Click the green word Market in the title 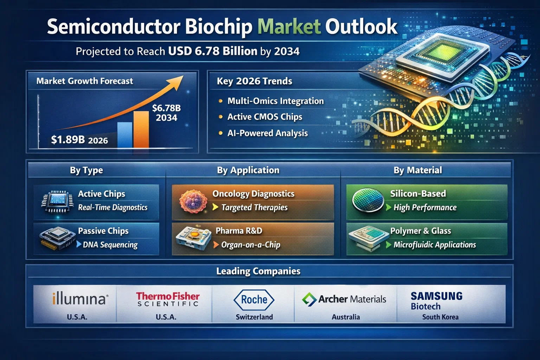(289, 26)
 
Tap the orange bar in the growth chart (141, 129)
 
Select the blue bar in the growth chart (125, 135)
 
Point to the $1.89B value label (68, 139)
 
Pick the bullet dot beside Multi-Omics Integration (220, 101)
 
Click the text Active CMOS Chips (265, 117)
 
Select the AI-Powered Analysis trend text (268, 133)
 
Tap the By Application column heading (248, 170)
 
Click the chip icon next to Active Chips (57, 201)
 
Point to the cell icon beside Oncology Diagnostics (193, 201)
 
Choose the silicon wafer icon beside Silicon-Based (368, 200)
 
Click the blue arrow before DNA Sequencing (79, 244)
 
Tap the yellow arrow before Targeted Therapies (216, 207)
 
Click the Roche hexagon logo (254, 300)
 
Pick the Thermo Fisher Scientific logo (168, 299)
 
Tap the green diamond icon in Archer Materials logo (309, 299)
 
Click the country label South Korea (440, 317)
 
